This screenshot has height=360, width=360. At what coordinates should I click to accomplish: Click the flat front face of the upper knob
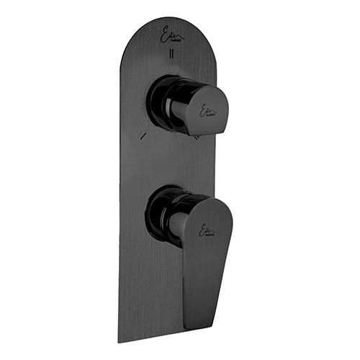pos(210,108)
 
